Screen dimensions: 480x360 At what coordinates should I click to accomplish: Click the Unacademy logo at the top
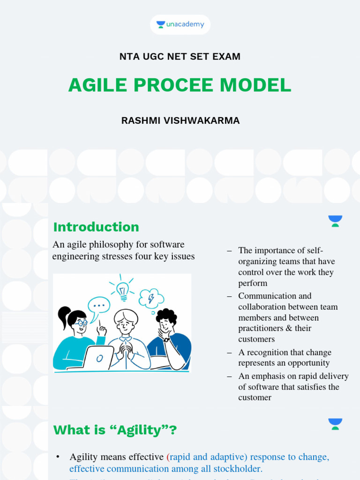click(180, 24)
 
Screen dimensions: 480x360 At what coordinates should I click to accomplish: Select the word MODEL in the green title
click(255, 85)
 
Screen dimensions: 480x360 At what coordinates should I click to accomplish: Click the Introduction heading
click(96, 227)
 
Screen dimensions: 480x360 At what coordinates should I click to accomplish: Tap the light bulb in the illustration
click(122, 289)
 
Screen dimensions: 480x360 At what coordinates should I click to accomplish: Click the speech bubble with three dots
click(99, 305)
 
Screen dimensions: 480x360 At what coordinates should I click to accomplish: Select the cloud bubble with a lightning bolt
click(151, 298)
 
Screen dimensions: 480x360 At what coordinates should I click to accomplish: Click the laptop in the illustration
click(98, 358)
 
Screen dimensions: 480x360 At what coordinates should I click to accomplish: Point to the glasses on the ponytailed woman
click(81, 323)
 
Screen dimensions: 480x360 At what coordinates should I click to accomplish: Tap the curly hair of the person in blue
click(166, 315)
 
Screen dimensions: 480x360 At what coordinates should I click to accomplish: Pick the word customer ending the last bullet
click(255, 397)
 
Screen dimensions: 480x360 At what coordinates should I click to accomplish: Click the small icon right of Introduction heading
click(335, 221)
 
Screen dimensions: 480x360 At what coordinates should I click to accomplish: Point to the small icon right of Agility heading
click(335, 424)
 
